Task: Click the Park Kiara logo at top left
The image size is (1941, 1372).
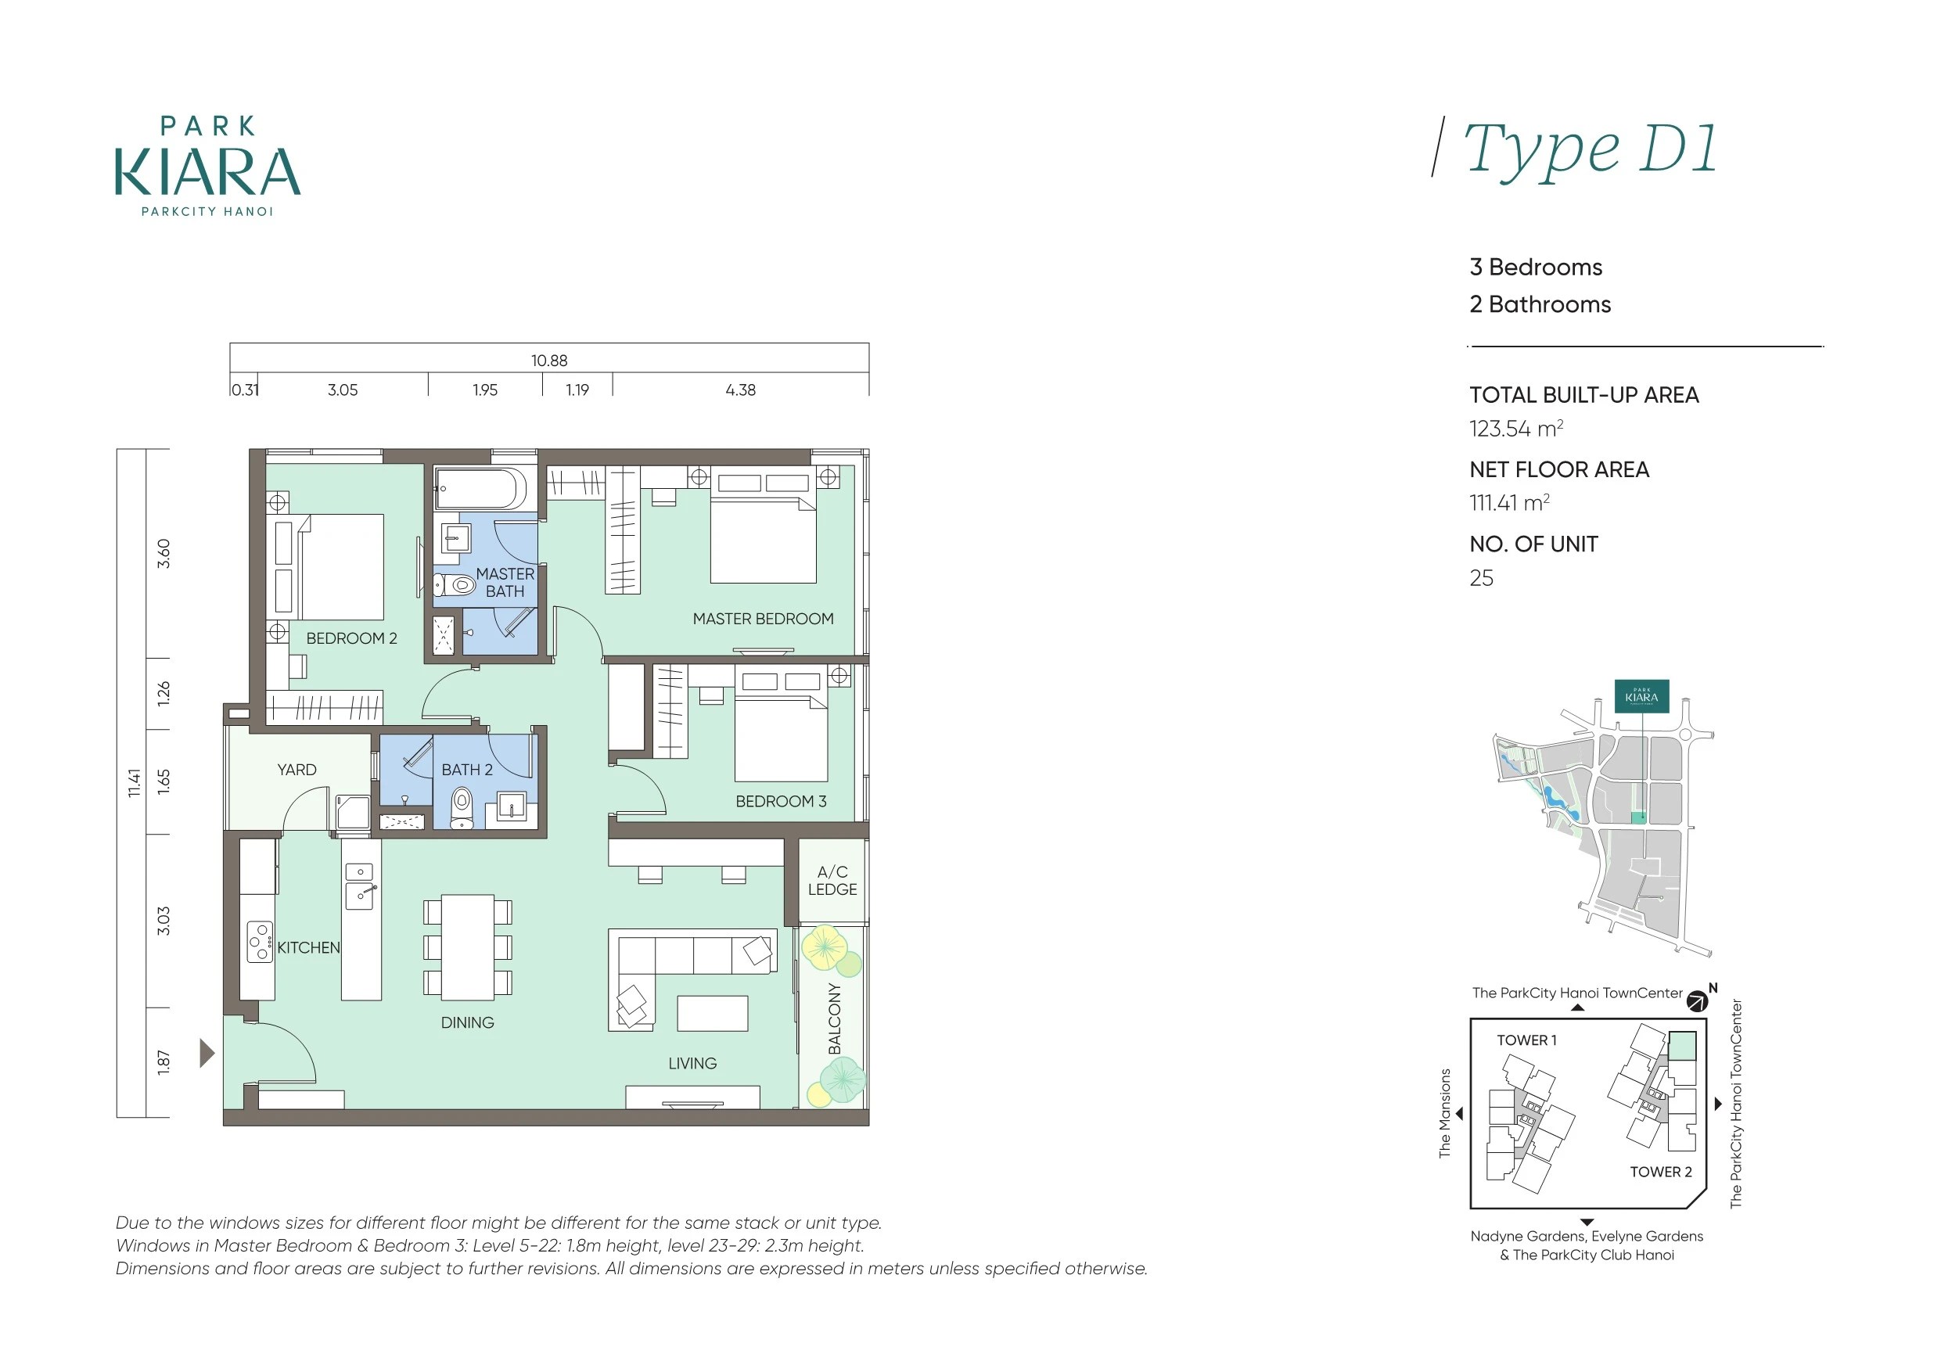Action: (x=208, y=167)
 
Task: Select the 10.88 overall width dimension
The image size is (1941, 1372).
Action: (x=548, y=360)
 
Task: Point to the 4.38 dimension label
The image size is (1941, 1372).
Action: (x=741, y=390)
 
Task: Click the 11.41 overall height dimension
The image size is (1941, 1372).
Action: (x=134, y=783)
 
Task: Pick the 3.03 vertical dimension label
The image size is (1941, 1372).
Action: (x=164, y=921)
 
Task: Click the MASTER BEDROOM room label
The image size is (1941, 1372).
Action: (x=763, y=619)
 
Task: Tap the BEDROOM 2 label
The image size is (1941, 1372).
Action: (x=352, y=638)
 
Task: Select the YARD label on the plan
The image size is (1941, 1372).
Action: (x=297, y=769)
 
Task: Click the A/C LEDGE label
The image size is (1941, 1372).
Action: (x=832, y=880)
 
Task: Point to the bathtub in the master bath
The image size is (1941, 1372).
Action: (x=481, y=489)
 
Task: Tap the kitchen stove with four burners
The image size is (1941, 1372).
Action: (x=260, y=941)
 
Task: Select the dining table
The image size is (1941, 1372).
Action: (x=468, y=946)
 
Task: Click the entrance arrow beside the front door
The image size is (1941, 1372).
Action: (x=207, y=1054)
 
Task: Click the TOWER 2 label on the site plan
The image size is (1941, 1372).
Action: (x=1661, y=1172)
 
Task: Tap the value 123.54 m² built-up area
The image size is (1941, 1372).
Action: (x=1515, y=429)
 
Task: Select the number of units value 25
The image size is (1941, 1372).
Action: (x=1481, y=578)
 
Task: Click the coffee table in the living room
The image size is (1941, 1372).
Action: (x=713, y=1013)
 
